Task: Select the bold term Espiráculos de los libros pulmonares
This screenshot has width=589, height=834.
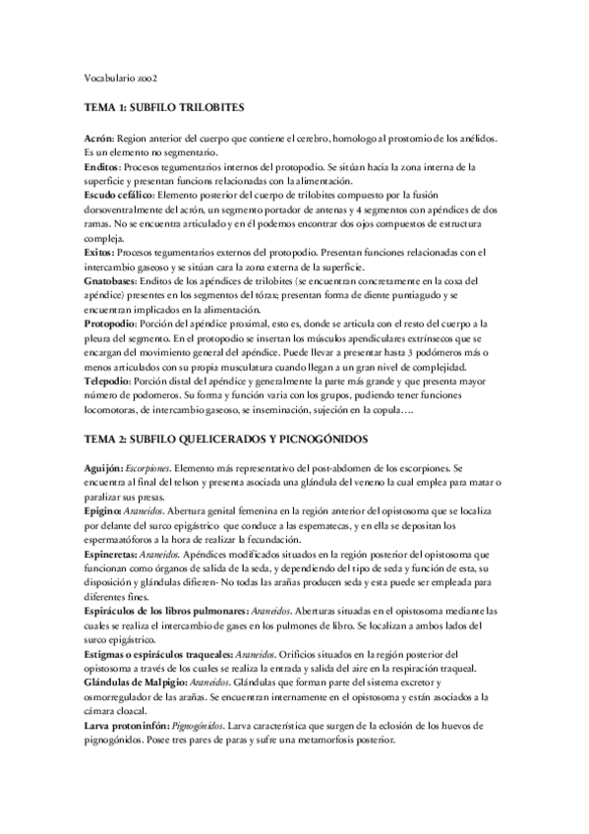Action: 164,611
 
